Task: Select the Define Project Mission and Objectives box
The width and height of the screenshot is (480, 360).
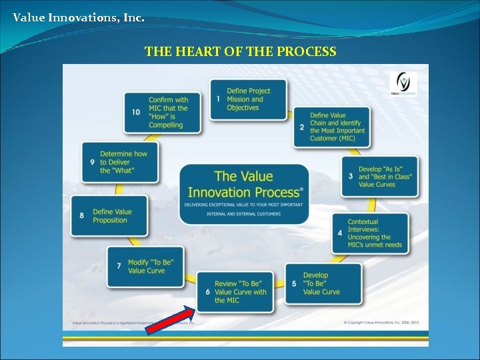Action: (x=249, y=99)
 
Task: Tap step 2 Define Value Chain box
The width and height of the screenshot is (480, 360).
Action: (x=331, y=127)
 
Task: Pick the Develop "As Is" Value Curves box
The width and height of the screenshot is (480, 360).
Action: (x=380, y=176)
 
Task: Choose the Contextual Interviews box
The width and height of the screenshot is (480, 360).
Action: (x=371, y=233)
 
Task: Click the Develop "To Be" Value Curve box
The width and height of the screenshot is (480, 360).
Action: (x=323, y=283)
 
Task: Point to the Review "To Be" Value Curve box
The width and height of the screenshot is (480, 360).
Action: (x=235, y=292)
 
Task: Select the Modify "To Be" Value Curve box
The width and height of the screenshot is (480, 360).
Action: (x=146, y=267)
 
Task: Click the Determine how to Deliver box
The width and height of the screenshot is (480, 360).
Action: (x=120, y=162)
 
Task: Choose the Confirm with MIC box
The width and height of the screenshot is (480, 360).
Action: (x=163, y=112)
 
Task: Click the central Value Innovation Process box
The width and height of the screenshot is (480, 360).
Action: (x=244, y=193)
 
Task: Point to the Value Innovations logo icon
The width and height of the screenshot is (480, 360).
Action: (x=405, y=85)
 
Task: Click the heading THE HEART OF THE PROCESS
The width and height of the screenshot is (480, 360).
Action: (x=240, y=51)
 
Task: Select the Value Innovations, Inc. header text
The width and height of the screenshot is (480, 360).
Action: (x=78, y=17)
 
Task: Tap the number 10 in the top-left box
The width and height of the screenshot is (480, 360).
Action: (x=136, y=112)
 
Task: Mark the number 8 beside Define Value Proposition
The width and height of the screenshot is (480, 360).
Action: (x=81, y=216)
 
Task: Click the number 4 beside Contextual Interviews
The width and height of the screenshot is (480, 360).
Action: (x=340, y=233)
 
